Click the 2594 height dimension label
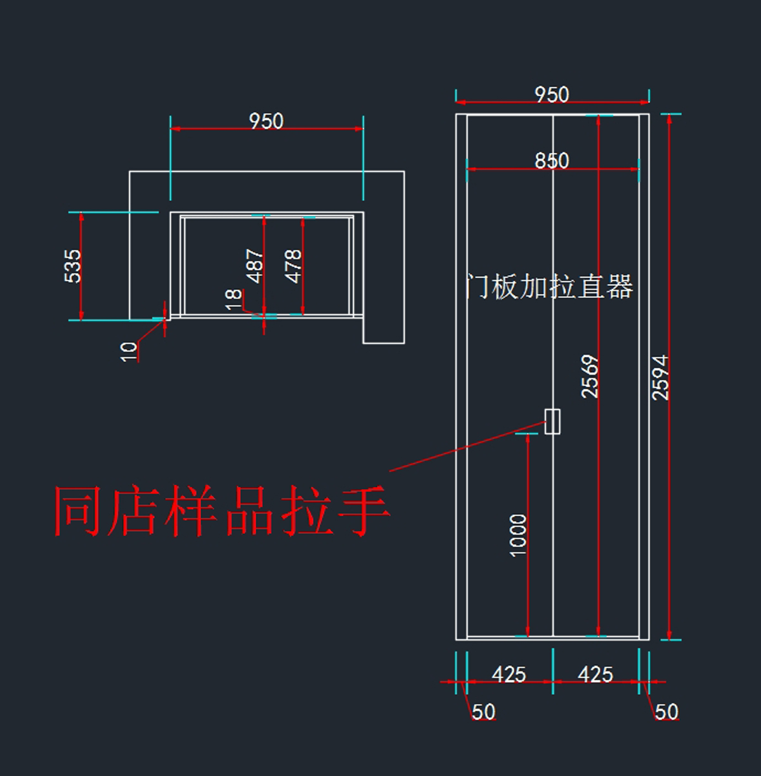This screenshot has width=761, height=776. click(x=661, y=377)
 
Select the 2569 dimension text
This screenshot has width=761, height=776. click(x=590, y=377)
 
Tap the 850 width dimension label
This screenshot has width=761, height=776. click(x=552, y=160)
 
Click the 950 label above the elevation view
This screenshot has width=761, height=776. click(x=552, y=95)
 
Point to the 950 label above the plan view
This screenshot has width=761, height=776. click(x=266, y=121)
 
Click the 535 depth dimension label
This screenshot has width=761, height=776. click(x=74, y=266)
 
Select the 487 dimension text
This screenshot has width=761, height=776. click(x=255, y=266)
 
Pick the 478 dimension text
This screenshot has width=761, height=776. click(x=293, y=266)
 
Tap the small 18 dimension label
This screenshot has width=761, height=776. click(x=233, y=298)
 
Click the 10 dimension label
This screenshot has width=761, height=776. click(x=129, y=351)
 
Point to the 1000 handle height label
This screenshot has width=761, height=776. click(x=518, y=536)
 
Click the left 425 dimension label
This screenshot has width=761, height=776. click(x=509, y=675)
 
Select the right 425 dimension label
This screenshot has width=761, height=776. click(x=595, y=675)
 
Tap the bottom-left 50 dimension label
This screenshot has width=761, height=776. click(x=483, y=712)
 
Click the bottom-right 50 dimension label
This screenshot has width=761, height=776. click(x=667, y=712)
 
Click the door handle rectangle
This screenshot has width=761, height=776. click(x=552, y=422)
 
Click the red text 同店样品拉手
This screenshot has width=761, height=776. click(x=221, y=511)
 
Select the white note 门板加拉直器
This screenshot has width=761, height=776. click(x=549, y=287)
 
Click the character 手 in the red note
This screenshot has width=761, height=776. click(x=363, y=511)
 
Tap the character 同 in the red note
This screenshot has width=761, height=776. click(x=79, y=511)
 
